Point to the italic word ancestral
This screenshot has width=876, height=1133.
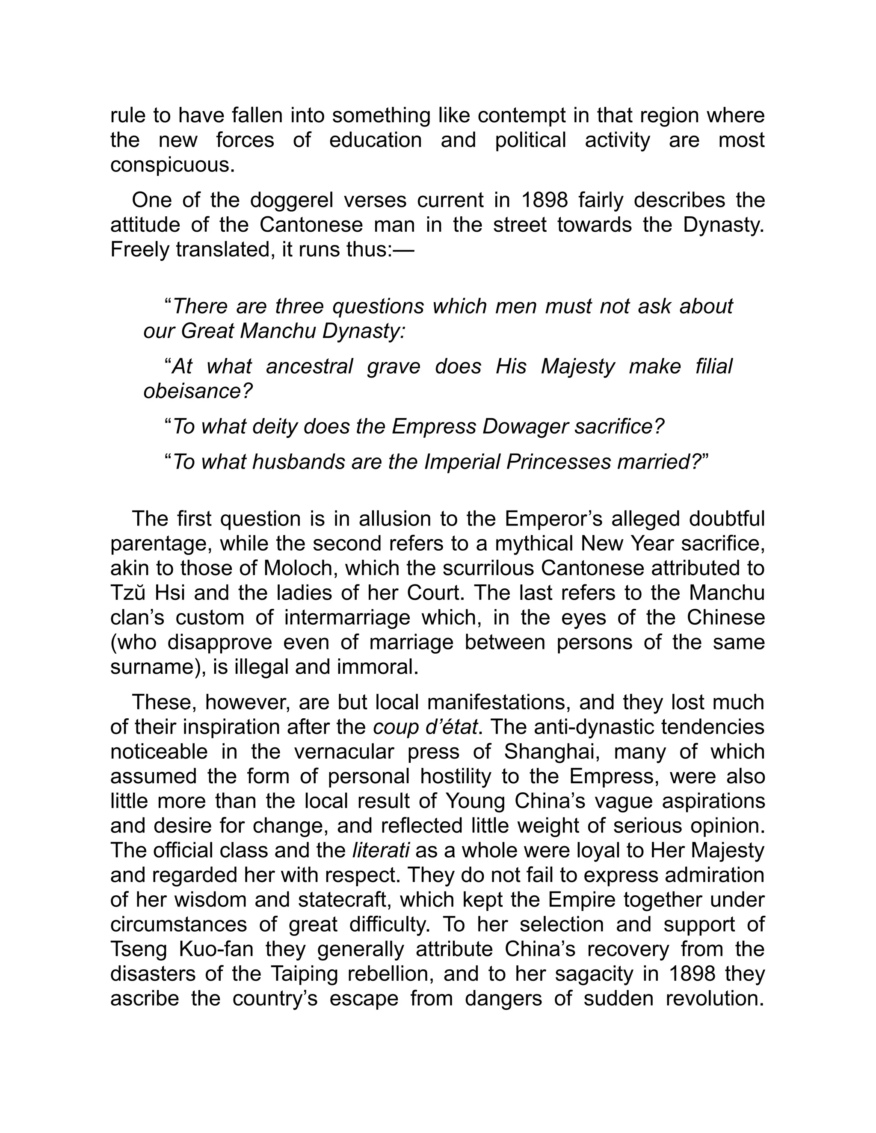[x=309, y=366]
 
